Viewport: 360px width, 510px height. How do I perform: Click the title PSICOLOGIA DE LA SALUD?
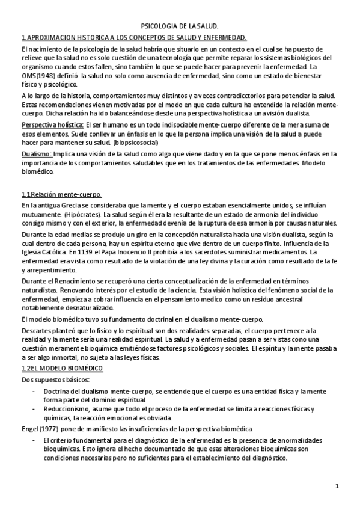180,27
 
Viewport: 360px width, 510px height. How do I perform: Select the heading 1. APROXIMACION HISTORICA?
133,38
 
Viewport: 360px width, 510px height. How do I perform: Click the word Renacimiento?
69,280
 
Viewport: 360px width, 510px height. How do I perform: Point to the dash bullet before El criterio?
34,440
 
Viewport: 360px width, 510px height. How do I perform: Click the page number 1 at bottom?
338,486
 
